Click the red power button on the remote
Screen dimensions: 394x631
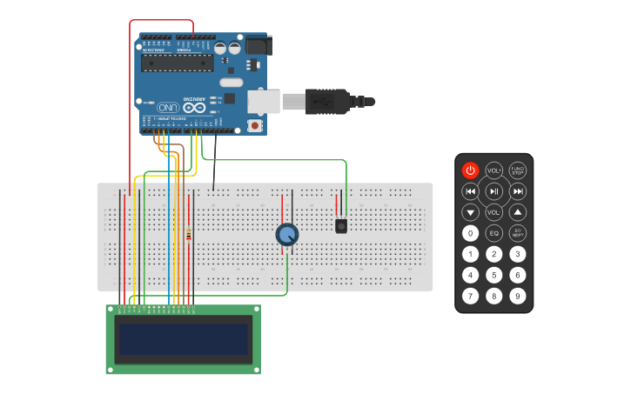[x=470, y=170]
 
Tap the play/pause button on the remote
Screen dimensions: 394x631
[x=493, y=191]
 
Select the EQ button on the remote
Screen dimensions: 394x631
[x=493, y=233]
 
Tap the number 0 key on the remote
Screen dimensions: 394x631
[x=470, y=233]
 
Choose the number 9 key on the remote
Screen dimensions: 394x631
[x=518, y=296]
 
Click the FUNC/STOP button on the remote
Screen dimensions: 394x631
[x=518, y=170]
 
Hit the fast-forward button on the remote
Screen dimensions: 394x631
[x=518, y=191]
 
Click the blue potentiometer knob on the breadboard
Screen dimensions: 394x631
[x=286, y=234]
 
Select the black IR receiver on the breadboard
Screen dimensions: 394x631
[x=341, y=226]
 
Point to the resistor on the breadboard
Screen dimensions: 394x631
[x=189, y=234]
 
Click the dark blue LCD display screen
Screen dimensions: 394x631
[x=184, y=339]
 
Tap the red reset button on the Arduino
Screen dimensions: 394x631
[x=254, y=125]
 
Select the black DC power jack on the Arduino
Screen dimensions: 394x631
[x=258, y=45]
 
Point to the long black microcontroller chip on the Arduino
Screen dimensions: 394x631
[x=178, y=63]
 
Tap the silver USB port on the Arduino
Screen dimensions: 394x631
[x=263, y=101]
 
